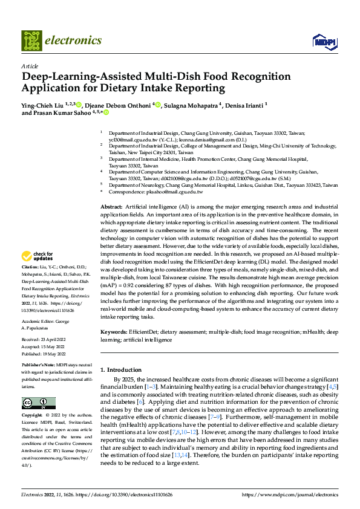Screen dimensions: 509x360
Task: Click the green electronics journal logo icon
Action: pos(33,41)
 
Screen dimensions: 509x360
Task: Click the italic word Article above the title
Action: pos(30,66)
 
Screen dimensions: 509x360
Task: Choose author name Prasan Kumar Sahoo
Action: pos(66,112)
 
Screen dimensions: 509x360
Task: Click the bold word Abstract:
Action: pos(112,207)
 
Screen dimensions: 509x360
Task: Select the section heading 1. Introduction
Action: pos(120,369)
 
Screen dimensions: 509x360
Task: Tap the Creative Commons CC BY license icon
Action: pos(38,403)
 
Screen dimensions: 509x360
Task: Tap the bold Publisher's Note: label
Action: pos(39,366)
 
